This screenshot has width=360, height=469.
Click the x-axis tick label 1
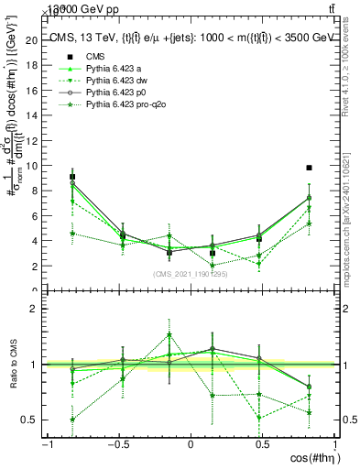pyautogui.click(x=333, y=445)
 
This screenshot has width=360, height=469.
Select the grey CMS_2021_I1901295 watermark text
pyautogui.click(x=191, y=274)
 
